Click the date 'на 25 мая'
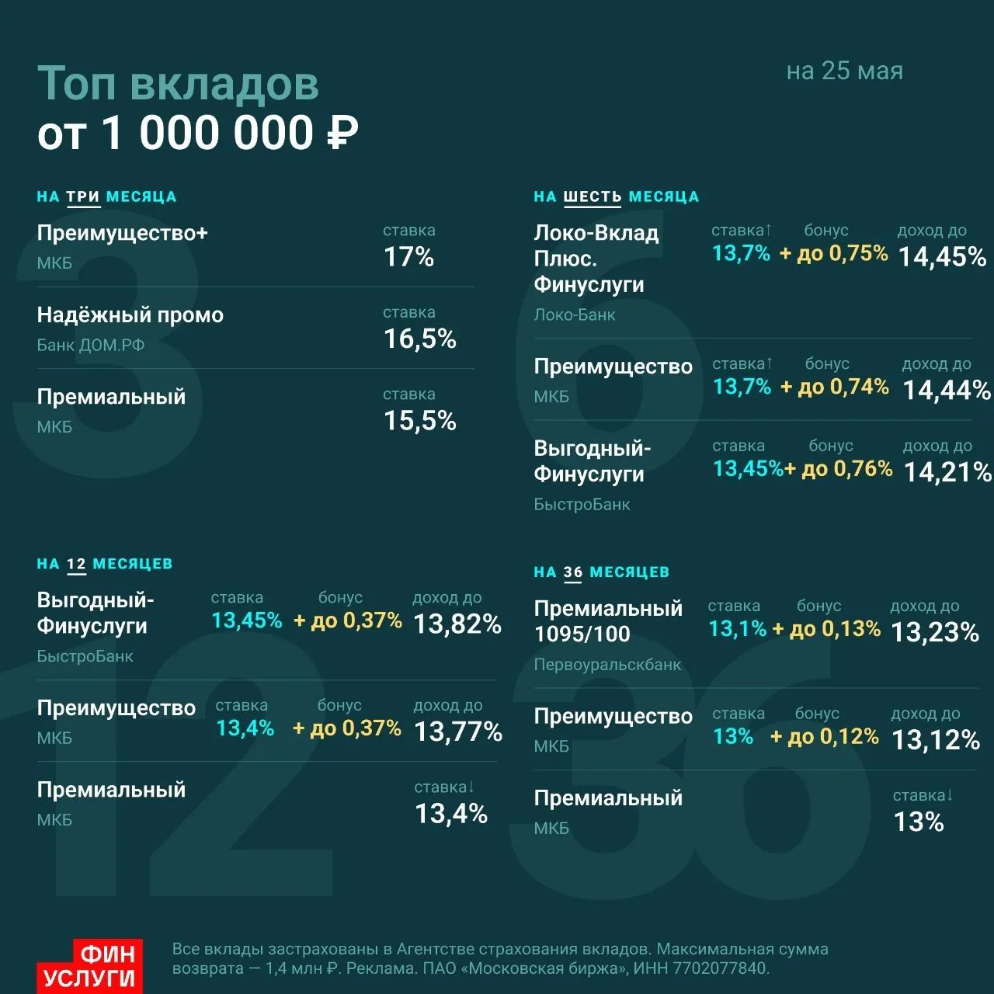[844, 71]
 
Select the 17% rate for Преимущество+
[409, 256]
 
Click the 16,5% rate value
[420, 339]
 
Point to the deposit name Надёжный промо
[130, 315]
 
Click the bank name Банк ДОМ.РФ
[91, 345]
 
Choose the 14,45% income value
[943, 256]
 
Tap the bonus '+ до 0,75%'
[834, 253]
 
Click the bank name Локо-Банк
[575, 315]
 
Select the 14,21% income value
[948, 472]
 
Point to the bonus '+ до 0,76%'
[839, 468]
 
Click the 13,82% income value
[457, 624]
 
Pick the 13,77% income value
[458, 731]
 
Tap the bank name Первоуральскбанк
[607, 665]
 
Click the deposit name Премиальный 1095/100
[608, 621]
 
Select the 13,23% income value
[935, 632]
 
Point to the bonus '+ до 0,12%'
[824, 736]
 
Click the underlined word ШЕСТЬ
[593, 196]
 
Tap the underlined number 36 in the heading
[572, 572]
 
